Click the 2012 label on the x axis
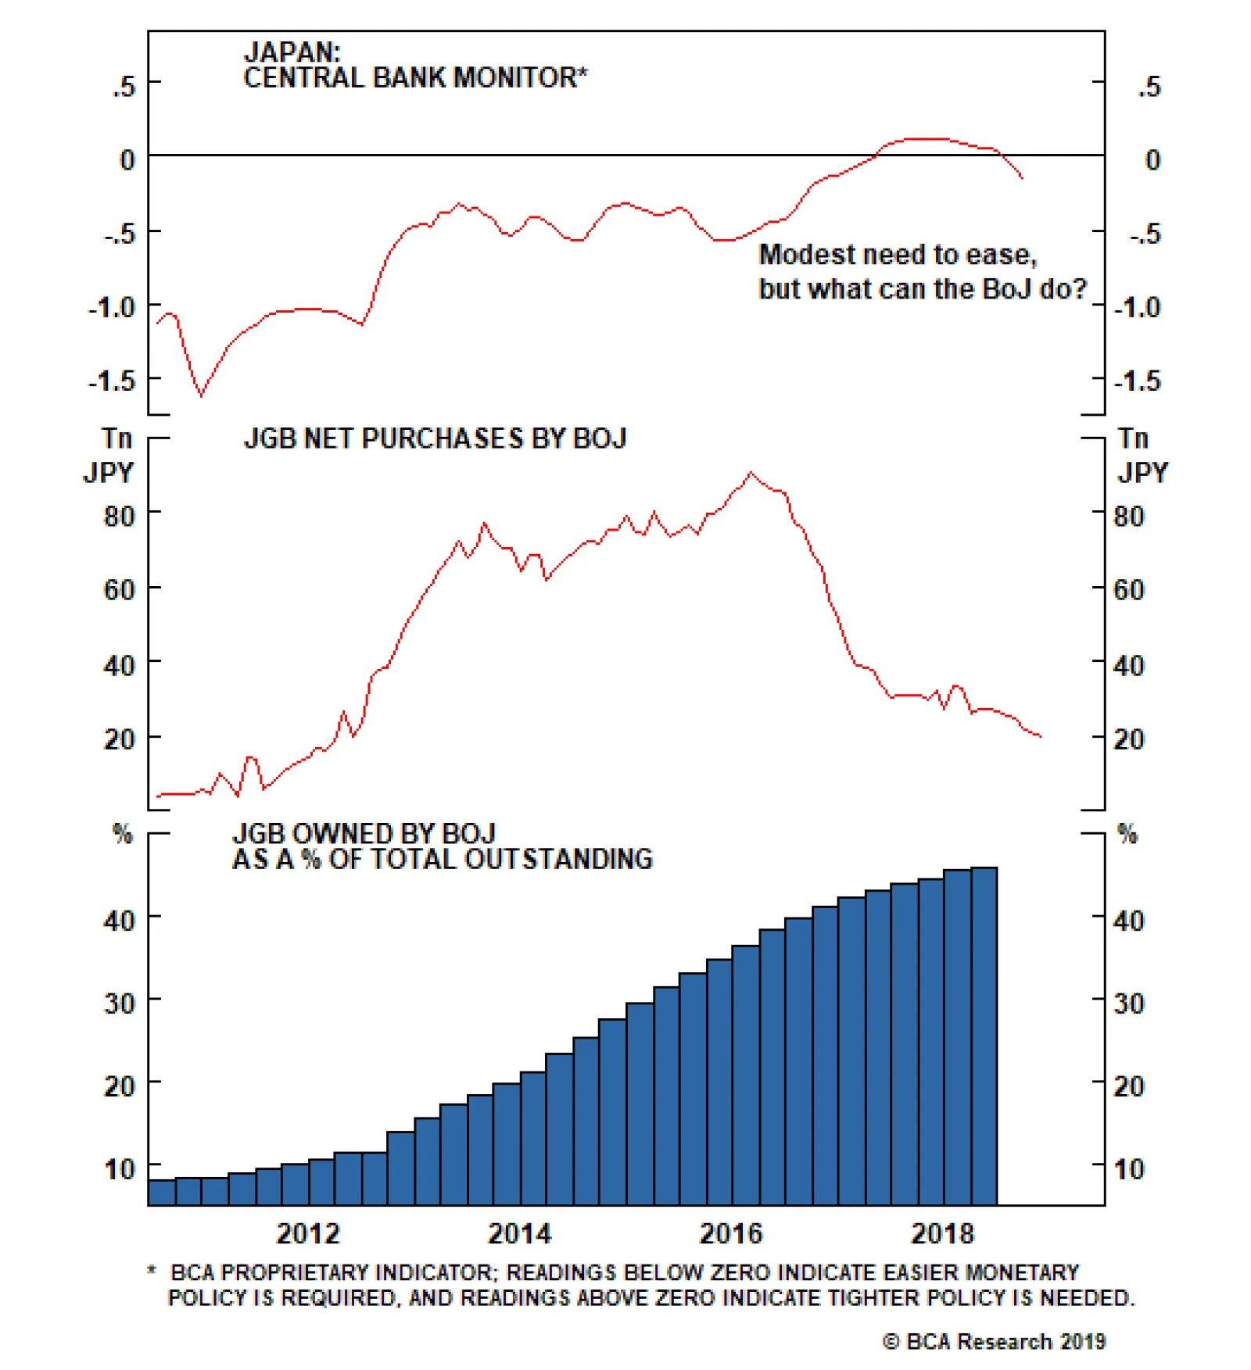[308, 1234]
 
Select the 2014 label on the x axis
[519, 1234]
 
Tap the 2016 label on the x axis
[730, 1234]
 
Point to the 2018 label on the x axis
[942, 1234]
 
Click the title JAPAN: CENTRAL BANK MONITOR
[414, 66]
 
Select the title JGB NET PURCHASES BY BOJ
[435, 439]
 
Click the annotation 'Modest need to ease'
[898, 255]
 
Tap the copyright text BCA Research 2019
[995, 1342]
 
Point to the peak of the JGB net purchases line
[751, 473]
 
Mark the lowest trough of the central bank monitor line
[201, 395]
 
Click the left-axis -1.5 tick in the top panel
[111, 381]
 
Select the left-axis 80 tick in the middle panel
[119, 517]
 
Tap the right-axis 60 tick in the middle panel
[1128, 590]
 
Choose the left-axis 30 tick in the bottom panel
[119, 1003]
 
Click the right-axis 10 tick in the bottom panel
[1128, 1169]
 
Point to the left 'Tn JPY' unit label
[109, 456]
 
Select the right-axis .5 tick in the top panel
[1149, 87]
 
